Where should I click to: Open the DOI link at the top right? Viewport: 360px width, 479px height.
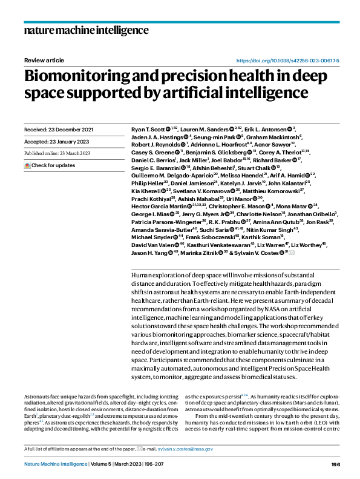click(x=287, y=61)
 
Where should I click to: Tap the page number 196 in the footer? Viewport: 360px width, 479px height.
click(x=336, y=464)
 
